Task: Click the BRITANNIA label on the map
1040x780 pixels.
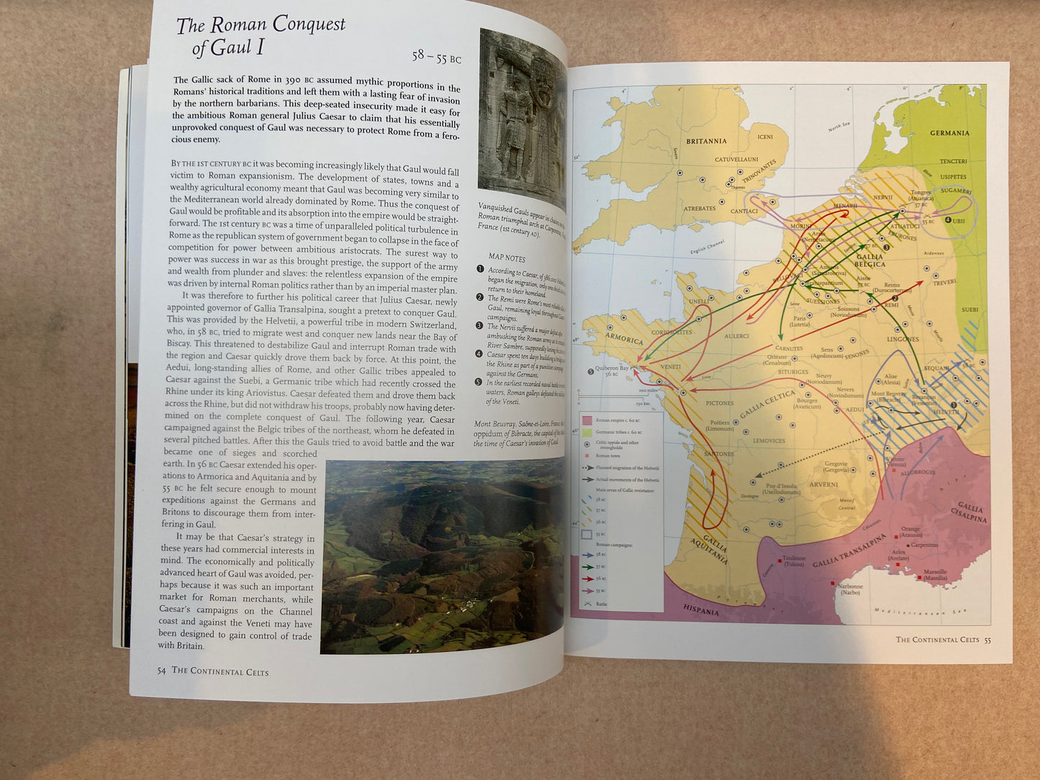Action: pyautogui.click(x=706, y=141)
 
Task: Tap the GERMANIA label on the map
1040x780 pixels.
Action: pyautogui.click(x=949, y=133)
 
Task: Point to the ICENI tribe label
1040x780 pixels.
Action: pyautogui.click(x=765, y=137)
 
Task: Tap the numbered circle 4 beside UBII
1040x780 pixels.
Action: pyautogui.click(x=948, y=220)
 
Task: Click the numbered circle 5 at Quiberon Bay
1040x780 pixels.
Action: pyautogui.click(x=591, y=371)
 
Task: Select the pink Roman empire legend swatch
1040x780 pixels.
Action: pyautogui.click(x=587, y=420)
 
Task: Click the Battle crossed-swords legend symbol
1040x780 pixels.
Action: pyautogui.click(x=587, y=604)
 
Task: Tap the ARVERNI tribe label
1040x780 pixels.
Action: pyautogui.click(x=823, y=484)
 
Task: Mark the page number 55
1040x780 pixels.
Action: pyautogui.click(x=987, y=640)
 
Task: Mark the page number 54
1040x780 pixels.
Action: pyautogui.click(x=161, y=671)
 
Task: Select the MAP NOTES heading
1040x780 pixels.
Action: pyautogui.click(x=507, y=257)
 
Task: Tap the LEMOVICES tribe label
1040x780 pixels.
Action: pyautogui.click(x=769, y=440)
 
